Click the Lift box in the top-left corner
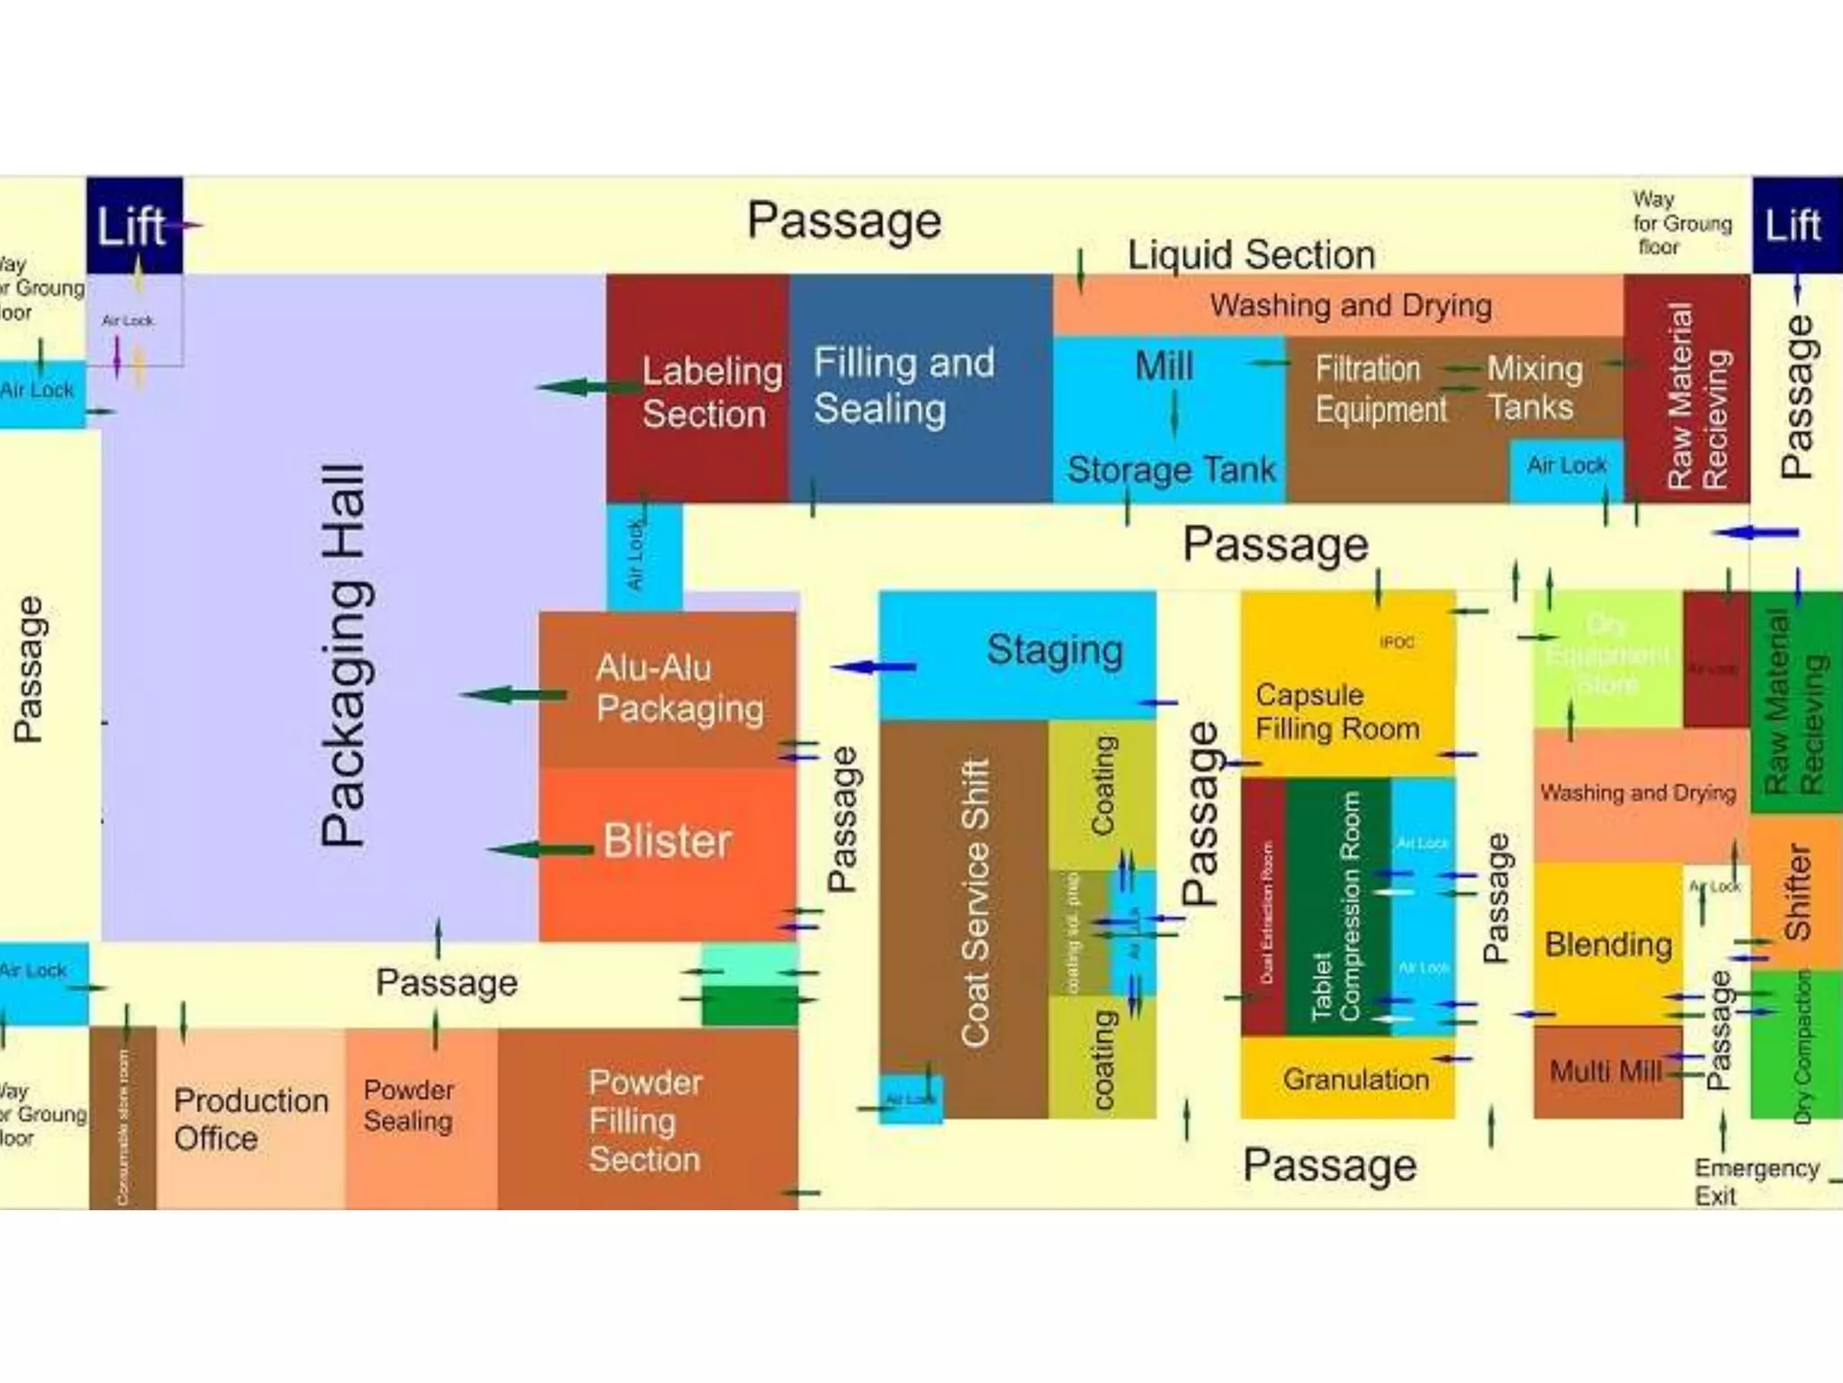pyautogui.click(x=134, y=225)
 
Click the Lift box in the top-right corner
pyautogui.click(x=1794, y=225)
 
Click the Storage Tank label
pyautogui.click(x=1171, y=470)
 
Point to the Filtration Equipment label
pyautogui.click(x=1380, y=389)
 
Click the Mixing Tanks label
pyautogui.click(x=1534, y=387)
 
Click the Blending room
pyautogui.click(x=1607, y=944)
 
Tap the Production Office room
pyautogui.click(x=250, y=1118)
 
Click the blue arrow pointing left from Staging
pyautogui.click(x=873, y=667)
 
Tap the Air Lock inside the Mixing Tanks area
pyautogui.click(x=1566, y=466)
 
